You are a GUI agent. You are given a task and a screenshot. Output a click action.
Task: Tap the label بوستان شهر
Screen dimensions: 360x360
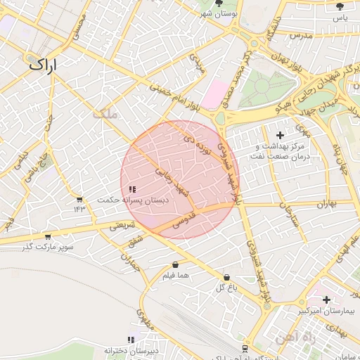[218, 13]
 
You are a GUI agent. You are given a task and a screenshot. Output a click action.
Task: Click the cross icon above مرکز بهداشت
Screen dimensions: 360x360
[281, 134]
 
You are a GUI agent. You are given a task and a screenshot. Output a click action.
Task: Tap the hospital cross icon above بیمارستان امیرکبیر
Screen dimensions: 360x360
[326, 300]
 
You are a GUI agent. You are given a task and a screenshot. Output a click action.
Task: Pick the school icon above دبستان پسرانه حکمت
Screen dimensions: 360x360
[133, 188]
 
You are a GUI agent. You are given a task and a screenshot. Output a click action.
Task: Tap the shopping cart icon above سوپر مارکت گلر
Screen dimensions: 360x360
[47, 237]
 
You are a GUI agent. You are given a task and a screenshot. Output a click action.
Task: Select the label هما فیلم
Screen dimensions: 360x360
[175, 276]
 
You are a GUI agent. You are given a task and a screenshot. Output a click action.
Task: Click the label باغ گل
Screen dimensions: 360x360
[225, 288]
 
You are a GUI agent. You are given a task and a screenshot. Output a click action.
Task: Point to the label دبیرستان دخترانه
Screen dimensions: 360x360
[133, 349]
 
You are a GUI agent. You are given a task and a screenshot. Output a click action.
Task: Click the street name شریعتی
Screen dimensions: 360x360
[123, 225]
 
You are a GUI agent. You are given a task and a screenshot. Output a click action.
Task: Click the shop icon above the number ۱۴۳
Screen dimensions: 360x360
[79, 200]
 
